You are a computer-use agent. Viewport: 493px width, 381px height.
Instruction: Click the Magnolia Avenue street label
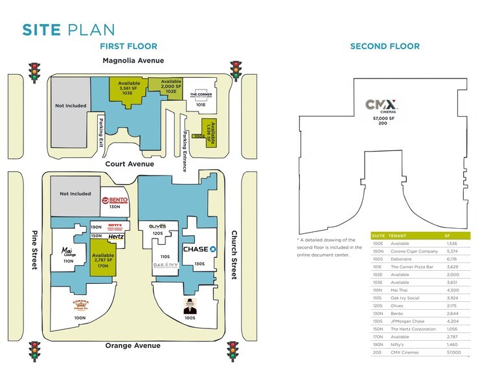click(133, 60)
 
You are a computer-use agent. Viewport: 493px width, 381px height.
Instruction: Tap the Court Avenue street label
click(130, 164)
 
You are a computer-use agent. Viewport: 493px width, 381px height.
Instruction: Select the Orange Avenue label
click(133, 345)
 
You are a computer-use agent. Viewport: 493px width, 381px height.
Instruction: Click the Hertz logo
click(116, 237)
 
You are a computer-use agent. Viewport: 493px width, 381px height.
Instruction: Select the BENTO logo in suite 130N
click(115, 200)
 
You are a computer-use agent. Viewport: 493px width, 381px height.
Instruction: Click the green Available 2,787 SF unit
click(103, 259)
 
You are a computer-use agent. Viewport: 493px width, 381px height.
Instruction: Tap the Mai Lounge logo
click(69, 251)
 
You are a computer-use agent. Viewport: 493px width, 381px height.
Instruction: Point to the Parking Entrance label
click(185, 151)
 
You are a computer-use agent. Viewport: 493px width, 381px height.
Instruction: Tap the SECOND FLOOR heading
click(384, 46)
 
